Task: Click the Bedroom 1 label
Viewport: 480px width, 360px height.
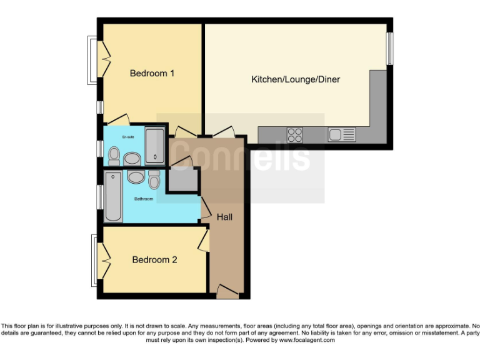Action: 152,73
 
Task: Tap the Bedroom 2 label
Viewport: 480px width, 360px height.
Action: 154,259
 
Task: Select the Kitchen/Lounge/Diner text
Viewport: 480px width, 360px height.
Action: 296,79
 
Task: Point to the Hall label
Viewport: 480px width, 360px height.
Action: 224,217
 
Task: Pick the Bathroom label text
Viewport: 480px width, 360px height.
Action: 144,199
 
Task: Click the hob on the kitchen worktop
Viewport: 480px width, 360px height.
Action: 295,134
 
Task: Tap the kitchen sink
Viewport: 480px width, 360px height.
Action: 341,134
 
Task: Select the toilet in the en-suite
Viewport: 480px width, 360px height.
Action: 114,154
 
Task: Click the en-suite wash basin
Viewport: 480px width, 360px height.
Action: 132,159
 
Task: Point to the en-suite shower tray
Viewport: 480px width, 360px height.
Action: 154,145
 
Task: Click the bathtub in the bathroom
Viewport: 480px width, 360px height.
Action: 113,196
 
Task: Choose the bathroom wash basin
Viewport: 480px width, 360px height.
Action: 136,177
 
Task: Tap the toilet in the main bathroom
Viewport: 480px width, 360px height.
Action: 154,179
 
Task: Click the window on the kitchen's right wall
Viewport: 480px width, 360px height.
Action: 389,48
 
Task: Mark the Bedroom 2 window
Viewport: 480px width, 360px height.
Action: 94,259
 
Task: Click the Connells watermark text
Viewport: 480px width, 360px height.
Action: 241,156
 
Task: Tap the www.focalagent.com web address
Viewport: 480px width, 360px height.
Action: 307,341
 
